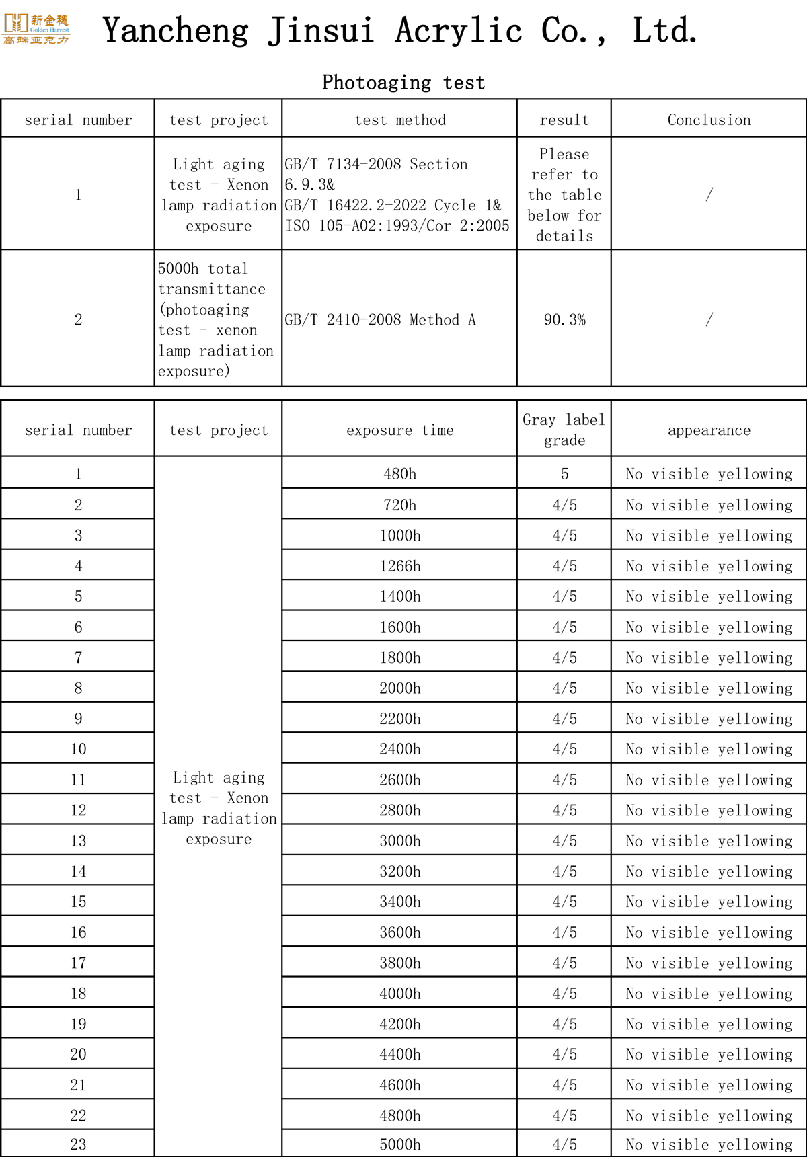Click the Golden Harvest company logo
(36, 29)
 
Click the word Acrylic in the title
(458, 31)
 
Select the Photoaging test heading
(403, 83)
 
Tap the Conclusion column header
(709, 120)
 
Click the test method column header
(400, 120)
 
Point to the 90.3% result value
(564, 320)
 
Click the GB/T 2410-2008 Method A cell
(380, 320)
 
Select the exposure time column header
(400, 430)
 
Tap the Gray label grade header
(564, 430)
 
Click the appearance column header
(709, 430)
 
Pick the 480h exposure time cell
(400, 474)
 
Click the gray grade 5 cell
(564, 474)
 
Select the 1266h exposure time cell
(400, 566)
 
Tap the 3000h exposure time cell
(400, 841)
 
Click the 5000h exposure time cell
(400, 1144)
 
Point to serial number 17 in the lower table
(78, 963)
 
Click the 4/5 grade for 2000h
(564, 688)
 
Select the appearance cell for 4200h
(709, 1024)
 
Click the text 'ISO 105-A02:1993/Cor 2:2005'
(397, 226)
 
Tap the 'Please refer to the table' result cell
(564, 195)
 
